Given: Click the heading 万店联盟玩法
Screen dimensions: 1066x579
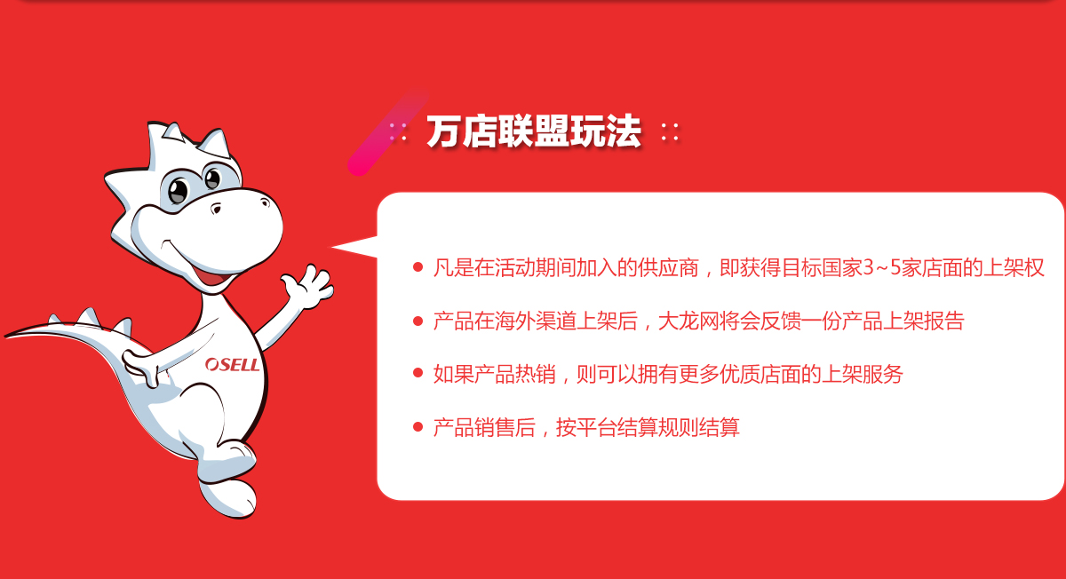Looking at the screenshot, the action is [534, 131].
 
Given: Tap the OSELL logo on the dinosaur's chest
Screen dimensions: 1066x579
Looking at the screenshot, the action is [232, 364].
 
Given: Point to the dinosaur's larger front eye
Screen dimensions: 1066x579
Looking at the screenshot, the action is [179, 191].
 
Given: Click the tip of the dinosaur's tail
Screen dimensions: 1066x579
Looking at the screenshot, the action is [5, 337].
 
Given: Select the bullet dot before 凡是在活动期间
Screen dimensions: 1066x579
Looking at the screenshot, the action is [418, 267].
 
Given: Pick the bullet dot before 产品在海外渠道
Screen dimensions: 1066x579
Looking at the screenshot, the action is [418, 321].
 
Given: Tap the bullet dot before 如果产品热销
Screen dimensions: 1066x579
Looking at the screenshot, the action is [418, 374].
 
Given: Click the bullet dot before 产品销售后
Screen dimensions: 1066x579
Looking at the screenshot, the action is [418, 427].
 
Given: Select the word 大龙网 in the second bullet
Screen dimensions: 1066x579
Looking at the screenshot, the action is [688, 321].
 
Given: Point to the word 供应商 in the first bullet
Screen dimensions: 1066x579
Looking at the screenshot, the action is [668, 268].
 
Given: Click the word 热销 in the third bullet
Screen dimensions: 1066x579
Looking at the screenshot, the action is [536, 374].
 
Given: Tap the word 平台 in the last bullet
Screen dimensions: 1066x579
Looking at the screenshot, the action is [597, 427].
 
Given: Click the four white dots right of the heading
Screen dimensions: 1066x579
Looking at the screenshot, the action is [670, 131].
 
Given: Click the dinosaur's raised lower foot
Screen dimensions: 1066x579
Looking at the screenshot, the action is [227, 497].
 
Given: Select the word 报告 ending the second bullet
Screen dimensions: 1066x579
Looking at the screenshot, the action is [943, 321].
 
